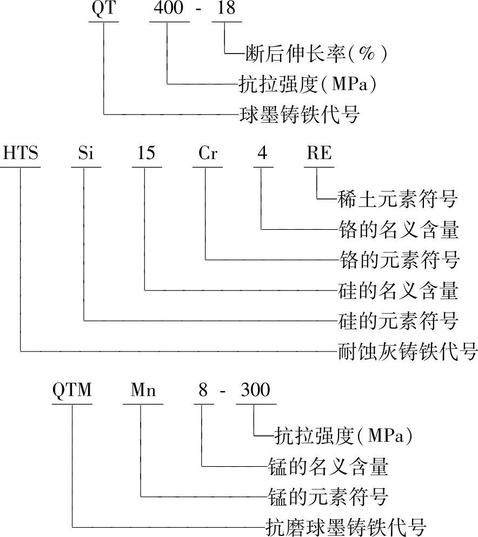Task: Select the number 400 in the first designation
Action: (x=169, y=9)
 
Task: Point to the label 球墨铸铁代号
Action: (x=299, y=115)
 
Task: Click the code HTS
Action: (x=21, y=154)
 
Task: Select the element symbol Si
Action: (x=85, y=154)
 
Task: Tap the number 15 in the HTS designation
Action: (x=145, y=154)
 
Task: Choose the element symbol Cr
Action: (x=207, y=154)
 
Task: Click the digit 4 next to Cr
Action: (x=262, y=154)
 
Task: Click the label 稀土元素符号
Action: (x=397, y=200)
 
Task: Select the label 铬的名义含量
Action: (x=397, y=230)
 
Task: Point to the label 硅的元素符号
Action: (x=397, y=321)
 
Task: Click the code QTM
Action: (x=72, y=390)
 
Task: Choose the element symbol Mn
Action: (x=143, y=390)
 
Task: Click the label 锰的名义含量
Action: (x=328, y=465)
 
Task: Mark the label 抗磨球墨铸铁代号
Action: (x=347, y=525)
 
